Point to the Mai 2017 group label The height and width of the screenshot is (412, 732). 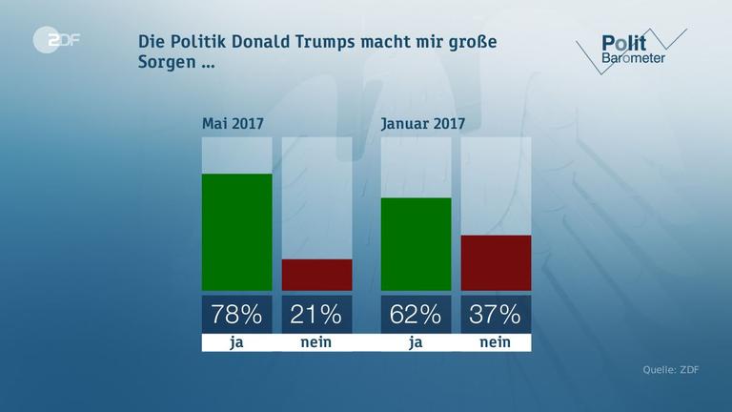tap(233, 123)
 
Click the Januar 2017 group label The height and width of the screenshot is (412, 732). tap(422, 123)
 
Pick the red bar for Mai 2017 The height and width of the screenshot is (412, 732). tap(316, 275)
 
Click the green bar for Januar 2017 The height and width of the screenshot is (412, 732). tap(416, 244)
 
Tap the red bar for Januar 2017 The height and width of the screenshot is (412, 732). tap(496, 262)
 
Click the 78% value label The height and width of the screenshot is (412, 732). tap(236, 314)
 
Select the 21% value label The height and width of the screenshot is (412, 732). tap(316, 314)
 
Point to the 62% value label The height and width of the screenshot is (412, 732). tap(416, 314)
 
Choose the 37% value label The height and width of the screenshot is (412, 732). tap(496, 314)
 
